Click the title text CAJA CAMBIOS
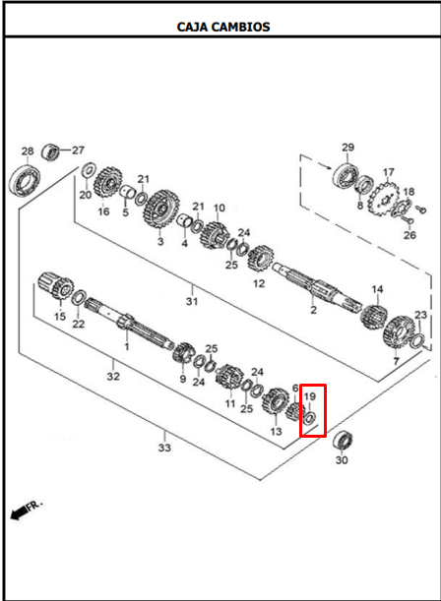coord(223,27)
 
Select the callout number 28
coord(28,151)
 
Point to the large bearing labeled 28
coord(25,180)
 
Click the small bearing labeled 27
coord(50,152)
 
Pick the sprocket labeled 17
coord(384,200)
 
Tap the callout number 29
coord(347,148)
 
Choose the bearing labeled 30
coord(343,441)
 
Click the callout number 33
coord(164,448)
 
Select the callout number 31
coord(192,301)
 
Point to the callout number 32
coord(113,376)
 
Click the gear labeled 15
coord(57,286)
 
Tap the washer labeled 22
coord(79,298)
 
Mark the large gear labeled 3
coord(161,210)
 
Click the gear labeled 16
coord(107,183)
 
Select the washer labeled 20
coord(89,170)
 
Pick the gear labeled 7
coord(399,332)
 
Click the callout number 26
coord(409,234)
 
